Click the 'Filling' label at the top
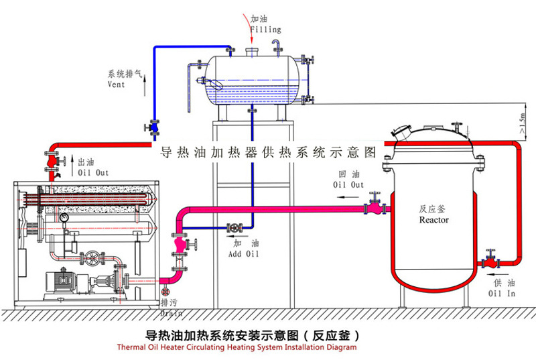click(265, 29)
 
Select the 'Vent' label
click(116, 85)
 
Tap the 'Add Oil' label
click(243, 255)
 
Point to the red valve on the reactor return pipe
click(375, 203)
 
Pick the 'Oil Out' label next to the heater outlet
click(94, 172)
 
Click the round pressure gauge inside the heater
click(64, 217)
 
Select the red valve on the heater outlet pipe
click(52, 162)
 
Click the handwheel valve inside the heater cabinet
click(90, 258)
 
